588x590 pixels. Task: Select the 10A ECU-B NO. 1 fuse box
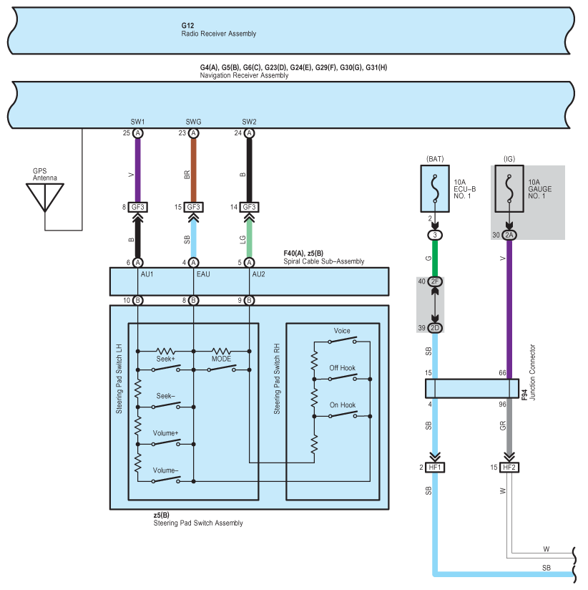[435, 188]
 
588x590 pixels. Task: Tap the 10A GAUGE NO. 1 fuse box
[509, 188]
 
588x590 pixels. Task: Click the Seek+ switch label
[165, 359]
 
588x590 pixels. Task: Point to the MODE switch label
[221, 359]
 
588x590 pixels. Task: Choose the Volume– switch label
[165, 470]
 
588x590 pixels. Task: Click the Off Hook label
[342, 368]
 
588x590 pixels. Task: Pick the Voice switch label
[342, 331]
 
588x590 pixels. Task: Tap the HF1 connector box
[435, 468]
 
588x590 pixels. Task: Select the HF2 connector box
[509, 468]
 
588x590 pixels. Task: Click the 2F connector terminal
[435, 281]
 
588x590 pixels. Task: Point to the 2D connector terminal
[435, 328]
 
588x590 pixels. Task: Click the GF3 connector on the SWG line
[194, 207]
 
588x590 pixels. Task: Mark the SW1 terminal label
[137, 122]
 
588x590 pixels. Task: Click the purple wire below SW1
[137, 170]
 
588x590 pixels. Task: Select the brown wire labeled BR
[194, 170]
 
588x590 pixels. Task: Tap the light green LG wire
[249, 239]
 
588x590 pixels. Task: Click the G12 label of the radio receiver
[187, 26]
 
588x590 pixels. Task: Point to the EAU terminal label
[203, 274]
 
